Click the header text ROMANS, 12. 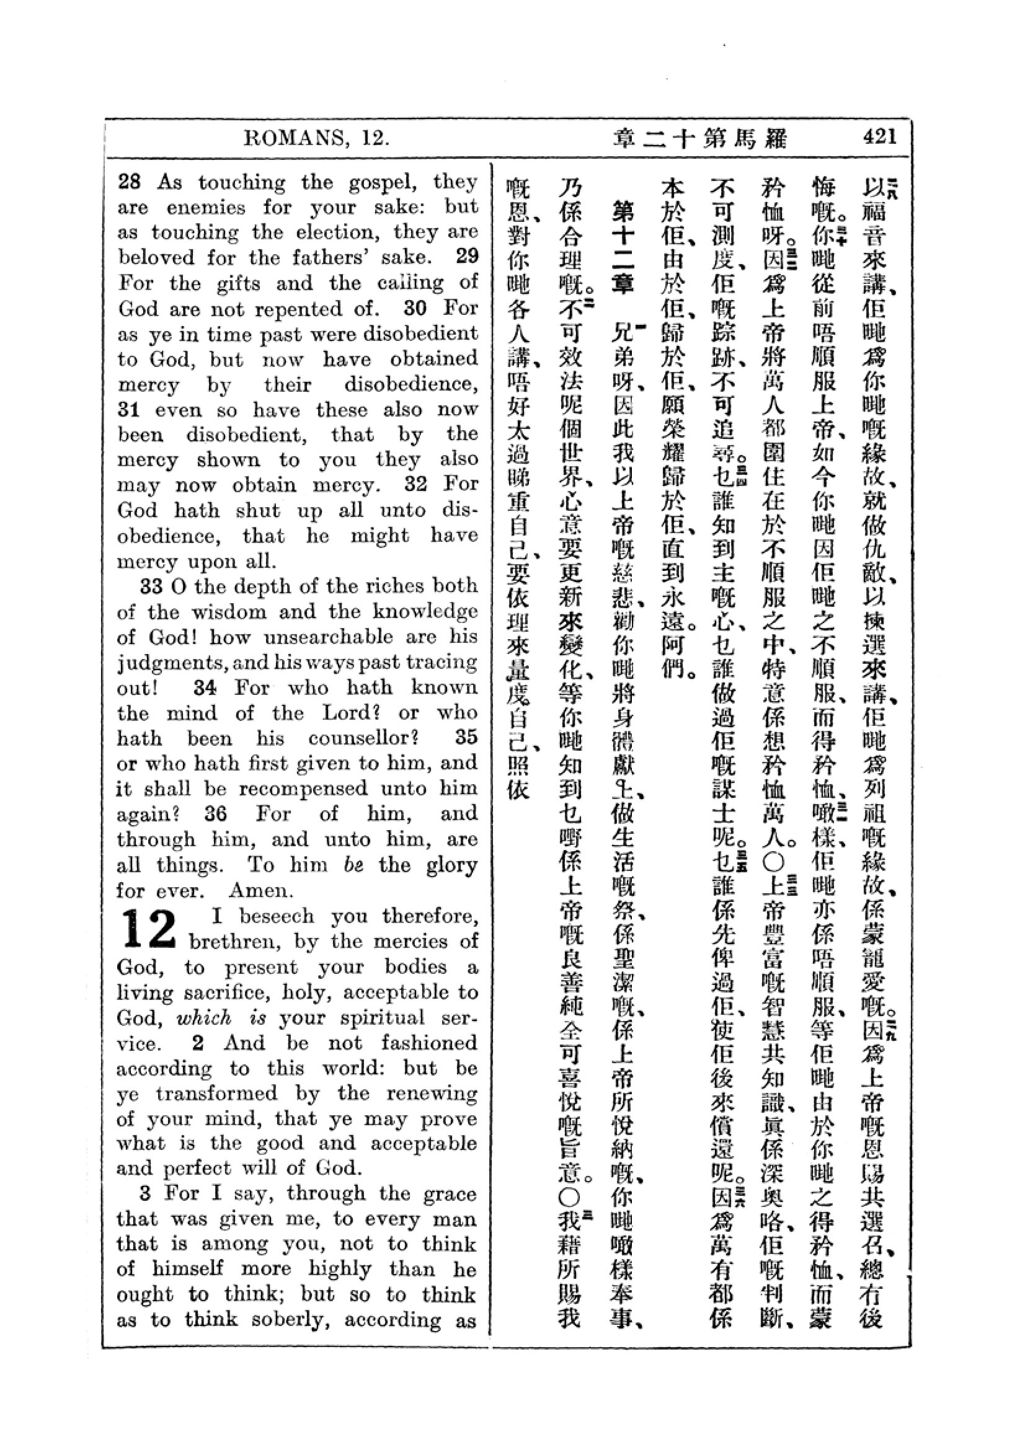click(x=316, y=138)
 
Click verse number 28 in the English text click(x=130, y=182)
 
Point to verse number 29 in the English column click(x=467, y=257)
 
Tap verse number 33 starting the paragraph click(x=151, y=586)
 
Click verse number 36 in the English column click(x=215, y=813)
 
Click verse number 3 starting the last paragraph click(x=145, y=1193)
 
